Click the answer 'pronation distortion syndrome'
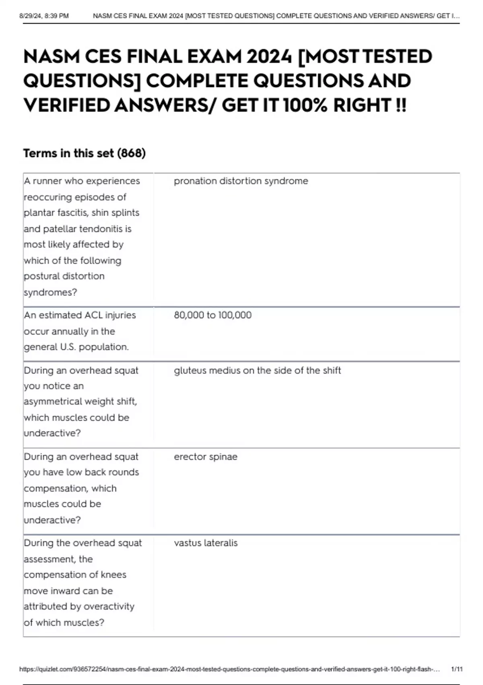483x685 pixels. [241, 181]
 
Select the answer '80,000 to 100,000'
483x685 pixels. [213, 315]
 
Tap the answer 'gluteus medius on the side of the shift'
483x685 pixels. [257, 370]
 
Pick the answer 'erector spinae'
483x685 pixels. [205, 457]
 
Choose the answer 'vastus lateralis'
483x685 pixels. [206, 543]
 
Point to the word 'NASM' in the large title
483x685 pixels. [52, 56]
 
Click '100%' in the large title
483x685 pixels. [306, 106]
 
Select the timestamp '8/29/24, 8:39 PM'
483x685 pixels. [44, 16]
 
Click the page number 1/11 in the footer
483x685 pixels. [457, 669]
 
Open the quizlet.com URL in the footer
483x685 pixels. [229, 669]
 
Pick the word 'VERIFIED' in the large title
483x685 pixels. [67, 106]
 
